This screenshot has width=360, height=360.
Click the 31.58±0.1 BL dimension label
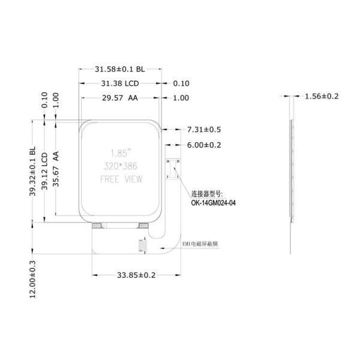120,69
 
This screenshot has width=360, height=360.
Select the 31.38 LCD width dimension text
119,83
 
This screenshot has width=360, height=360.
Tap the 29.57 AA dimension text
119,98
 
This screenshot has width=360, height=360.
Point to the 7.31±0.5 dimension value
205,129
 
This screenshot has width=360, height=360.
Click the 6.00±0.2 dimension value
205,145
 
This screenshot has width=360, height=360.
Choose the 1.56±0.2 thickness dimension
322,96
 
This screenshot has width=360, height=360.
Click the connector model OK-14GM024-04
213,203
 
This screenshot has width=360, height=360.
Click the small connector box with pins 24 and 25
173,170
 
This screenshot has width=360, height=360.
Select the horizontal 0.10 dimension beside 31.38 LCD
181,83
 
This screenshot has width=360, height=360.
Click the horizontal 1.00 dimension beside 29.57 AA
181,98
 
